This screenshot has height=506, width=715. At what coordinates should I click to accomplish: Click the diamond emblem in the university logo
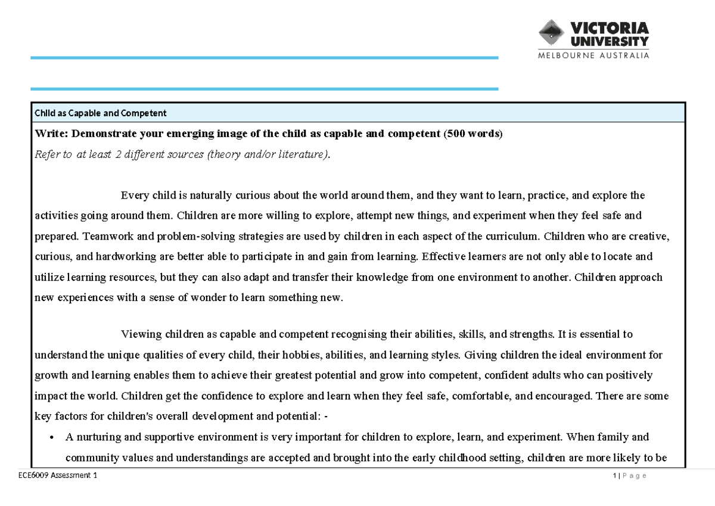(552, 33)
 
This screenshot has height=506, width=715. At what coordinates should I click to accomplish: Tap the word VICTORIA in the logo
(609, 28)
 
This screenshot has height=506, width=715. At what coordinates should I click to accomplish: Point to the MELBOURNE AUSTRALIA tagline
(593, 55)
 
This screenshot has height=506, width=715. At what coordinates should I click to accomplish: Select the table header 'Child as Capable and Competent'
(101, 113)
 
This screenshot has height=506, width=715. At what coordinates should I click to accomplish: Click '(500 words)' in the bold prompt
(473, 134)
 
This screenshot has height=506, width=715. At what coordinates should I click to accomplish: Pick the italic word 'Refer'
(47, 155)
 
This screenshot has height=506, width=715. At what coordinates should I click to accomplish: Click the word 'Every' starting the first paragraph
(135, 195)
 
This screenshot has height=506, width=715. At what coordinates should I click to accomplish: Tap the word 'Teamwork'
(104, 236)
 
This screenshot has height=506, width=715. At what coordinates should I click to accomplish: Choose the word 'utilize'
(49, 277)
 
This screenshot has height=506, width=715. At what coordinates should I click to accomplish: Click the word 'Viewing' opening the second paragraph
(141, 334)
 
